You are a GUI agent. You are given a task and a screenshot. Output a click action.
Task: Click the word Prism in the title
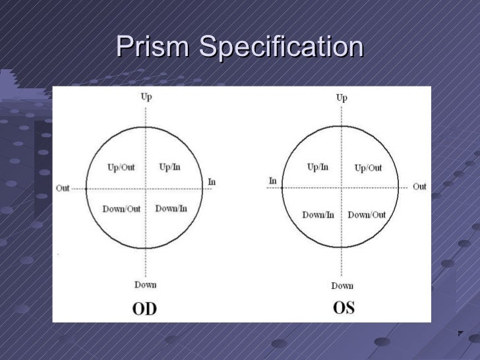pos(154,47)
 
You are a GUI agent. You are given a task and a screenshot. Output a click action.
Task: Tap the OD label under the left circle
pos(145,308)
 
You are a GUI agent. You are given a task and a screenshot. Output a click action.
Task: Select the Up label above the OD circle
pos(146,97)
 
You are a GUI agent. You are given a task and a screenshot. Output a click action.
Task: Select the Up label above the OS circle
pos(342,98)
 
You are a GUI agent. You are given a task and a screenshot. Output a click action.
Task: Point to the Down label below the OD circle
pos(146,284)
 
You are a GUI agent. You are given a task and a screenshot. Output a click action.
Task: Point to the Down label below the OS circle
pos(342,285)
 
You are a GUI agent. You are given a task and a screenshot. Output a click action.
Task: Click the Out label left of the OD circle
pos(63,188)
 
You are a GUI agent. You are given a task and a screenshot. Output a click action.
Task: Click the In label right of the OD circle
pos(212,181)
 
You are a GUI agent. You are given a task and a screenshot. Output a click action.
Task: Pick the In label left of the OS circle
pos(272,181)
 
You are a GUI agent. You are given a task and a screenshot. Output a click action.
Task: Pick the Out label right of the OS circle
pos(419,187)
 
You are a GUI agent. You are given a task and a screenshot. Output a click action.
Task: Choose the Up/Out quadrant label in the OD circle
pos(121,167)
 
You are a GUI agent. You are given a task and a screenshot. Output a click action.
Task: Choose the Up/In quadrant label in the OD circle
pos(169,167)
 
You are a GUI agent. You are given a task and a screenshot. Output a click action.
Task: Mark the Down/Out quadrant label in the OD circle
pos(121,209)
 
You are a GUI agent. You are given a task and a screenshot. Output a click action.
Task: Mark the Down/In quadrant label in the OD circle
pos(171,208)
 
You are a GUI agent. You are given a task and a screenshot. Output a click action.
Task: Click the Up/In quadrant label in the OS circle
pos(318,167)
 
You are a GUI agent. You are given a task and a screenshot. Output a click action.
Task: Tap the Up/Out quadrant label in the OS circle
pos(368,168)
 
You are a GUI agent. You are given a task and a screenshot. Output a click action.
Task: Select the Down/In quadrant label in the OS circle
pos(318,214)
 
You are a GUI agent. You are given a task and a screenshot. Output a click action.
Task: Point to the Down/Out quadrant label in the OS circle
pos(367,214)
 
